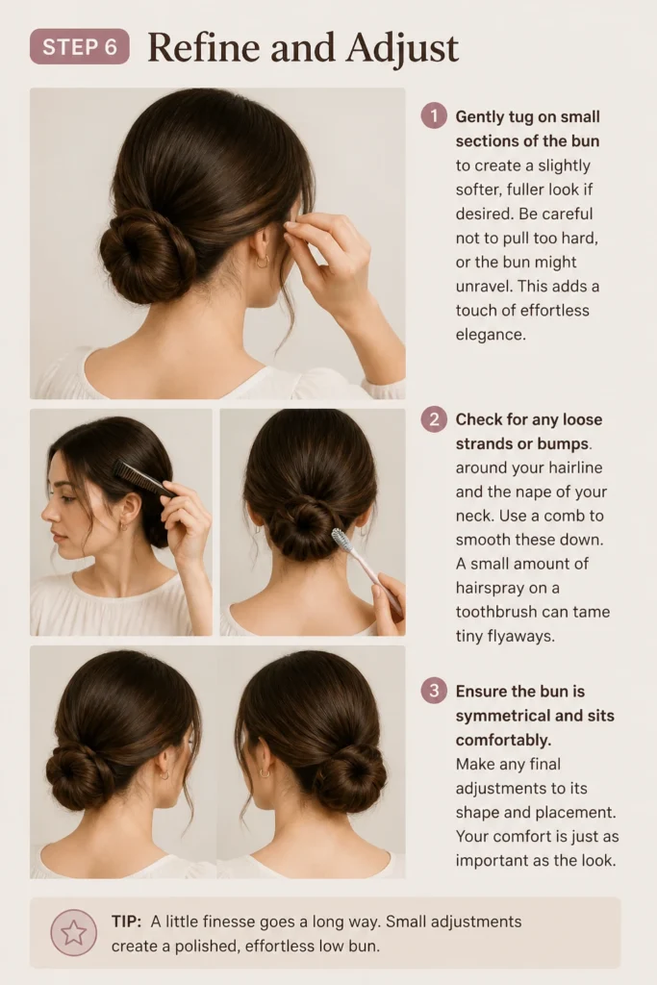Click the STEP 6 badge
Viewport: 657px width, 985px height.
click(80, 46)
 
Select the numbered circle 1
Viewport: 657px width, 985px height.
click(434, 116)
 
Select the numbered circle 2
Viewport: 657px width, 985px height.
click(434, 419)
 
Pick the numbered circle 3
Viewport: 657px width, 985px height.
click(434, 691)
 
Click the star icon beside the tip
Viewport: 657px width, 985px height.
click(73, 933)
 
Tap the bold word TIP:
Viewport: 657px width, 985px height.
click(126, 922)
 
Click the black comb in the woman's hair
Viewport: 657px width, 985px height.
click(144, 478)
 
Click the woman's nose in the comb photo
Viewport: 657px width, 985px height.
click(47, 512)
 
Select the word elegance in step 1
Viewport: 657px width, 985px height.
click(491, 334)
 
